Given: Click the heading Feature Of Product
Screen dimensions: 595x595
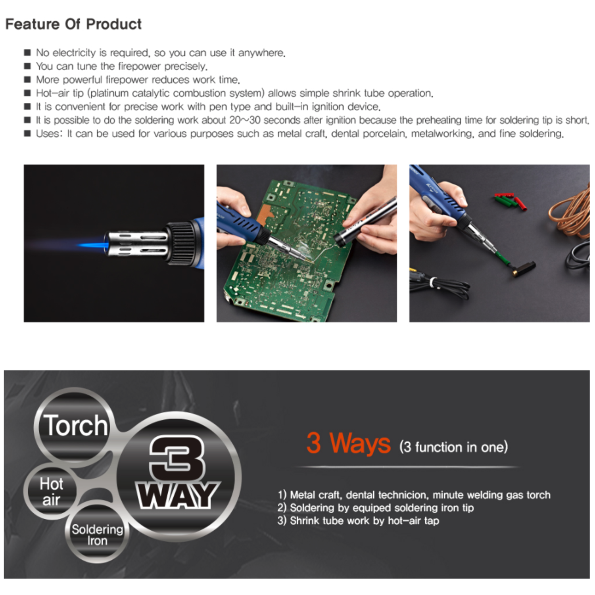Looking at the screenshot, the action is [x=73, y=24].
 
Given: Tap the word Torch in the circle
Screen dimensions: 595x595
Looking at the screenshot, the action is [x=75, y=426].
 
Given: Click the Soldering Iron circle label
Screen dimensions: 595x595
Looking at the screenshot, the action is [x=97, y=535].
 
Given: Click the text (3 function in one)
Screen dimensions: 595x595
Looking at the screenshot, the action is [x=454, y=447].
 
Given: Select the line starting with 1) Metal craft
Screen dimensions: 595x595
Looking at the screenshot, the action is [x=414, y=495].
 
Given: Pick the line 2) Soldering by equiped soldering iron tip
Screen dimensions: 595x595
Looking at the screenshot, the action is [x=376, y=508].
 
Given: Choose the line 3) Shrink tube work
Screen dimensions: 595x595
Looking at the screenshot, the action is [x=358, y=520].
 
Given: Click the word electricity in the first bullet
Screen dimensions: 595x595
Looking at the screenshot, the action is [x=74, y=53].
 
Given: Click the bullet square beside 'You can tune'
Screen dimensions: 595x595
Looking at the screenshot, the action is [x=27, y=66].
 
